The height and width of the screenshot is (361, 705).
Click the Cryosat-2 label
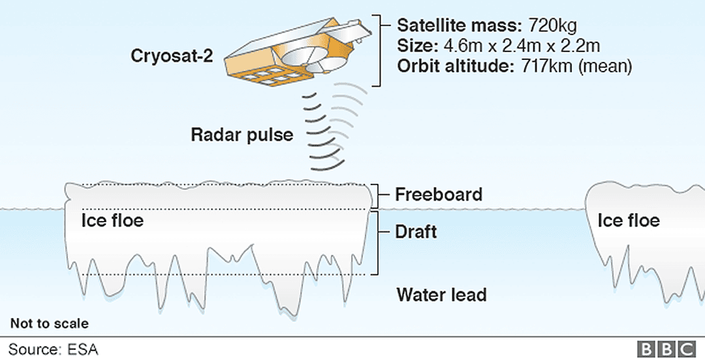click(171, 56)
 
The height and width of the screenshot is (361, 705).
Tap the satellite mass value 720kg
click(552, 26)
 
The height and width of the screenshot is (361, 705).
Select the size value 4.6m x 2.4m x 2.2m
click(522, 46)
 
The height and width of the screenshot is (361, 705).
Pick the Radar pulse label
click(242, 135)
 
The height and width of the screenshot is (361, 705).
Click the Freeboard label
click(439, 194)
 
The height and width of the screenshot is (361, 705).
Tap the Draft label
click(416, 232)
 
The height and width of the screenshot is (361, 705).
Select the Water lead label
click(441, 295)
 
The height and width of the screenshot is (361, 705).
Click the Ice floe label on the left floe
click(112, 220)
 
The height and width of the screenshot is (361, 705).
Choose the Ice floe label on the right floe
click(629, 220)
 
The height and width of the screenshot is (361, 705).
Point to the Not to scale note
click(50, 323)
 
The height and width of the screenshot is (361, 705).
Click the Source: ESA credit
click(53, 350)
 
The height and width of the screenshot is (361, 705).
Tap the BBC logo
click(666, 350)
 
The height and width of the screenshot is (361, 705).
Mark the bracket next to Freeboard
click(377, 195)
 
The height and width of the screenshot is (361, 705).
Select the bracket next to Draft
click(377, 243)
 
